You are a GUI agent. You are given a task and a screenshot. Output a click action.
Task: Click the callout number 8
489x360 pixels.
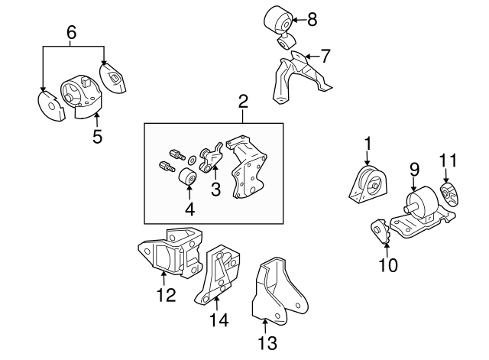[x=311, y=20]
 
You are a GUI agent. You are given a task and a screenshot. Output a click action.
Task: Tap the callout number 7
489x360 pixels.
[x=325, y=56]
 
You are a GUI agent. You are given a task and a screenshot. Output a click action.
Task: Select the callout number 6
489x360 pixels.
[x=72, y=32]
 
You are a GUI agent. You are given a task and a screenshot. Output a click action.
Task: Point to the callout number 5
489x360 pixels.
[x=97, y=138]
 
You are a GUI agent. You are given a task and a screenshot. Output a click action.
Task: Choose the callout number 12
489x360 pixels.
[x=165, y=294]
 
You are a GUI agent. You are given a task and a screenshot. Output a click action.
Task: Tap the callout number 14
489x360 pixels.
[x=219, y=322]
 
